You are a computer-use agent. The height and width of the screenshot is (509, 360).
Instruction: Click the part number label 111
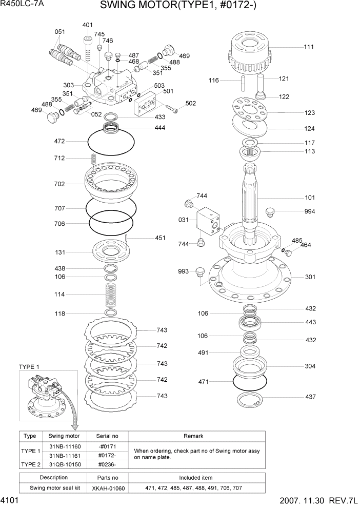[x=308, y=47]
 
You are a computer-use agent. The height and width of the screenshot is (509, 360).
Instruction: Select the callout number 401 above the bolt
[x=88, y=25]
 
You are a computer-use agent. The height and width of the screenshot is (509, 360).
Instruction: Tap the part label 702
[x=59, y=183]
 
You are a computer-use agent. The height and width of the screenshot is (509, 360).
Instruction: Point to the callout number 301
[x=310, y=277]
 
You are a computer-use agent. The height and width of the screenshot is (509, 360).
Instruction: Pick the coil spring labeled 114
[x=111, y=295]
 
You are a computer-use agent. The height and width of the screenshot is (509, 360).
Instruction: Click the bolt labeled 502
[x=174, y=108]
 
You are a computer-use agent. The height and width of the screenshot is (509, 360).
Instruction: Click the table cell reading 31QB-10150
[x=65, y=464]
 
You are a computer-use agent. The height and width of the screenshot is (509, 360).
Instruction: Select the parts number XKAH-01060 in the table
[x=108, y=488]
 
